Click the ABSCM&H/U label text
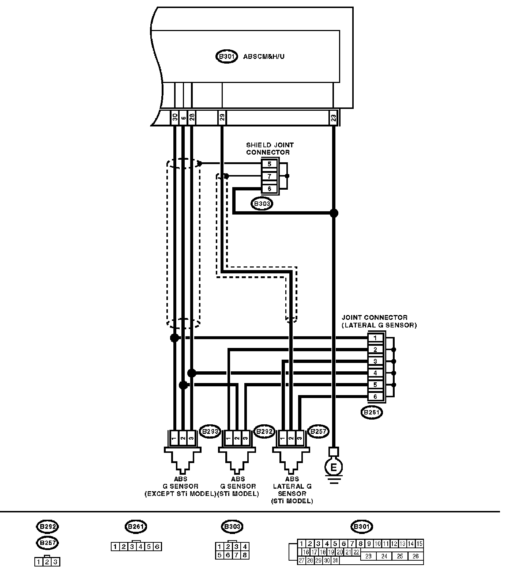[264, 57]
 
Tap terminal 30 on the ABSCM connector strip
[175, 118]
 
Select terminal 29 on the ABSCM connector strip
[222, 118]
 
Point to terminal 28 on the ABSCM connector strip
[192, 118]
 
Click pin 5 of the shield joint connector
[270, 164]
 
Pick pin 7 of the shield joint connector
[270, 177]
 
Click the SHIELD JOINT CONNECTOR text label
[270, 149]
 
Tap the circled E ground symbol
[333, 467]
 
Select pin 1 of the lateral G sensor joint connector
[375, 338]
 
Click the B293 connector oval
[210, 432]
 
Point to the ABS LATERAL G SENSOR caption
[292, 490]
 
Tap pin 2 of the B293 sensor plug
[182, 437]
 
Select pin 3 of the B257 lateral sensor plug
[300, 437]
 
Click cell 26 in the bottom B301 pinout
[416, 556]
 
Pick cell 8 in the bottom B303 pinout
[245, 555]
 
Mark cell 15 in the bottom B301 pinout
[419, 544]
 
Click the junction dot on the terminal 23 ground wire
[334, 213]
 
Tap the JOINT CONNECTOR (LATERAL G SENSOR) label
[379, 321]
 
